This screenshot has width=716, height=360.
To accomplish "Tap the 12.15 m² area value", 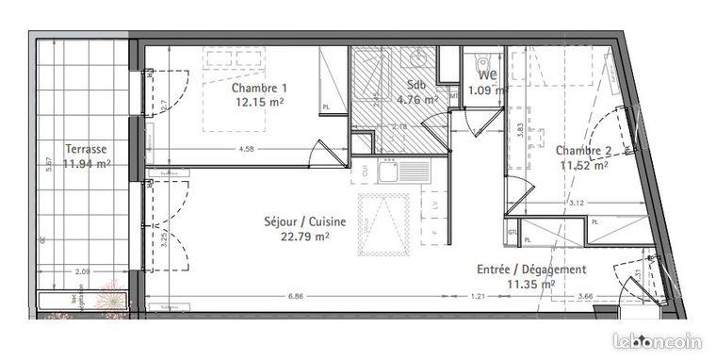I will point(259,102).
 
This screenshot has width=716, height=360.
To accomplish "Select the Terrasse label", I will point(85,149).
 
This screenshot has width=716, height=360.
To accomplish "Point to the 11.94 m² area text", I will point(87,163).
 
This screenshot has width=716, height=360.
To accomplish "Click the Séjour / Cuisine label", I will point(304,222).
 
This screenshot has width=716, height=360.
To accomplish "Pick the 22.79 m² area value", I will point(304,237).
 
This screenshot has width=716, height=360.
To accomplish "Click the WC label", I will point(488,75).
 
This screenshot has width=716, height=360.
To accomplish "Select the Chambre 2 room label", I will point(581,150).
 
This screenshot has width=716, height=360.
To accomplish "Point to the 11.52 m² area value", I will point(583,164).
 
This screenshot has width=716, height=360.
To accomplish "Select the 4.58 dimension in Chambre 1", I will point(247,149).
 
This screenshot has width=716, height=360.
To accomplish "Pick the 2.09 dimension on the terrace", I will point(82,273).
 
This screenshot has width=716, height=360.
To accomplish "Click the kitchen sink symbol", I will point(386,172).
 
